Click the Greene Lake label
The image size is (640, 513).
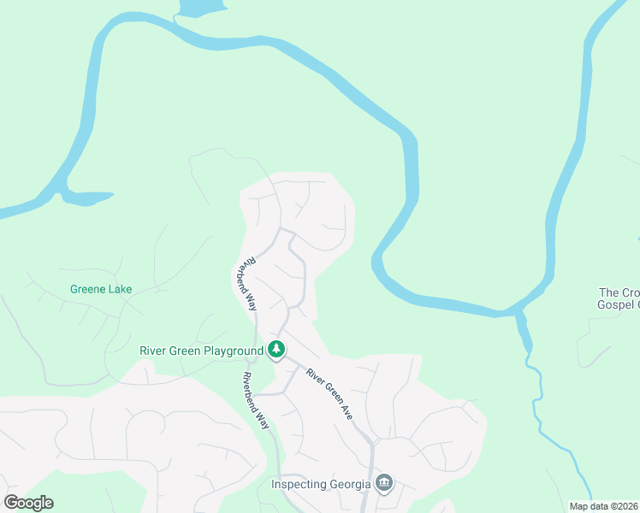coord(101,289)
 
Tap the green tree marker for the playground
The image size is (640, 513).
coord(276,349)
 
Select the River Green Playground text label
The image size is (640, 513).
coord(201,351)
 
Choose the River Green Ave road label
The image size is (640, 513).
coord(329,393)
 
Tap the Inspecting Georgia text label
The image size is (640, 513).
coord(321,484)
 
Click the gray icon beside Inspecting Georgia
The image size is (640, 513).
coord(384,484)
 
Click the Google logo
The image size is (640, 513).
coord(28,503)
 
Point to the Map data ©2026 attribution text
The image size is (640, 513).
coord(604,506)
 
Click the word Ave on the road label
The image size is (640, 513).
coord(347,410)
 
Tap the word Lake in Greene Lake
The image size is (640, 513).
coord(119,289)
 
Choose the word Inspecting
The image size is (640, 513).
coord(299,484)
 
